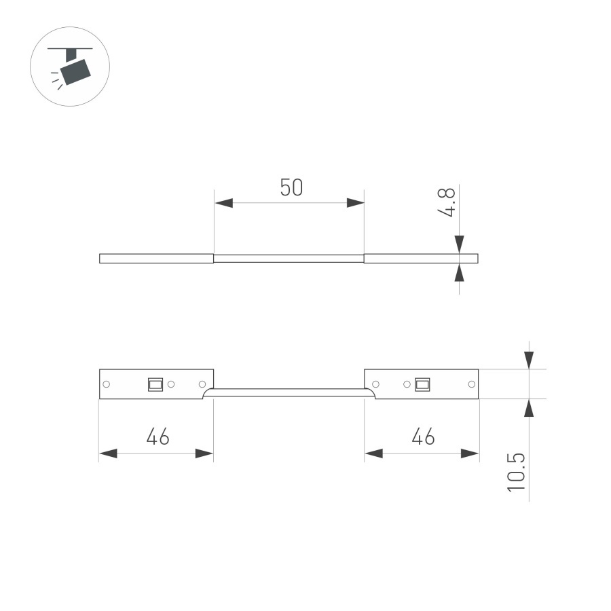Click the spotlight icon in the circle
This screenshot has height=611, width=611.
pyautogui.click(x=70, y=66)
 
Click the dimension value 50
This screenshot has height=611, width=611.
pyautogui.click(x=291, y=187)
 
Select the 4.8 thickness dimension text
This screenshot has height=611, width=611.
pyautogui.click(x=446, y=203)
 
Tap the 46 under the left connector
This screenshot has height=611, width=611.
pyautogui.click(x=158, y=437)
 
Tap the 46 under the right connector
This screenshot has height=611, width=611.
pyautogui.click(x=423, y=437)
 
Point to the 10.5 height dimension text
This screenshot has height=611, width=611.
pyautogui.click(x=517, y=471)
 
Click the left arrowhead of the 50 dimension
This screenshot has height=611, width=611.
pyautogui.click(x=223, y=203)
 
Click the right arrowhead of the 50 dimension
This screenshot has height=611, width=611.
pyautogui.click(x=355, y=203)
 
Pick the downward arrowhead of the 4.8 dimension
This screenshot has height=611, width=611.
pyautogui.click(x=460, y=244)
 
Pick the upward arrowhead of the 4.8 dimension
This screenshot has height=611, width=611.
pyautogui.click(x=460, y=272)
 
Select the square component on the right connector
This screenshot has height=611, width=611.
pyautogui.click(x=422, y=384)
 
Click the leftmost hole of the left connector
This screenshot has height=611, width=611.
pyautogui.click(x=107, y=384)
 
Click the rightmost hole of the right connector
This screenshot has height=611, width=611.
pyautogui.click(x=471, y=384)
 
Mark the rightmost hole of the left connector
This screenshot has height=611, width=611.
pyautogui.click(x=202, y=384)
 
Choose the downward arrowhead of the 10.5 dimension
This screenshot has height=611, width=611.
pyautogui.click(x=530, y=360)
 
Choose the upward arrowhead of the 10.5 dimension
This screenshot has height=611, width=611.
pyautogui.click(x=530, y=407)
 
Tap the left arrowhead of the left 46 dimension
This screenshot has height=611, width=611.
pyautogui.click(x=108, y=453)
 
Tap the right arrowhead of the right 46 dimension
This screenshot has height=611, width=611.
pyautogui.click(x=470, y=453)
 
